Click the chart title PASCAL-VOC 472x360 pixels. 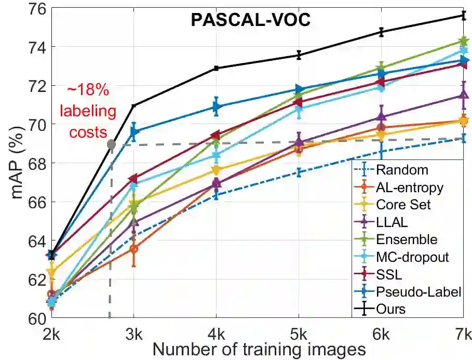[x=250, y=20]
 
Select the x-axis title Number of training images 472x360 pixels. [x=259, y=349]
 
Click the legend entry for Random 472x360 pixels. [x=402, y=170]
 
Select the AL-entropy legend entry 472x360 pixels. [x=410, y=187]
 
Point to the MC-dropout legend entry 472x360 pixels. [x=413, y=257]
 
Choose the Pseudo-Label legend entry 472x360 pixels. [x=419, y=291]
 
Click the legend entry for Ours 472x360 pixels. [x=392, y=309]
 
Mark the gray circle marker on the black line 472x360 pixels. [x=111, y=144]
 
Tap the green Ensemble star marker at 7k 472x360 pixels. [x=463, y=41]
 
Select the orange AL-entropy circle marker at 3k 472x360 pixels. [x=134, y=249]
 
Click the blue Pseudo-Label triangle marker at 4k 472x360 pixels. [x=217, y=107]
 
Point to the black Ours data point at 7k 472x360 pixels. [x=463, y=15]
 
